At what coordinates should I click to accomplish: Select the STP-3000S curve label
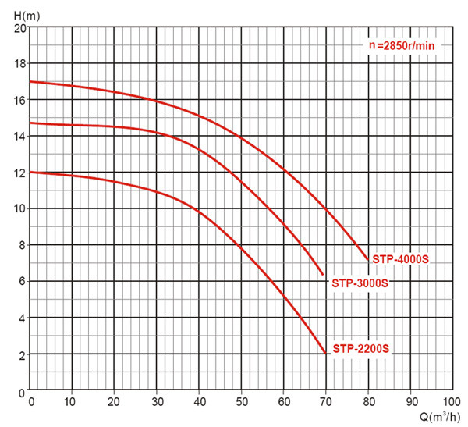coord(360,283)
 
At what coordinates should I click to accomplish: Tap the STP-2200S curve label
coord(360,348)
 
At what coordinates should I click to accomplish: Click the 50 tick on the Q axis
coord(241,401)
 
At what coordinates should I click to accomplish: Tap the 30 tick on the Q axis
coord(157,401)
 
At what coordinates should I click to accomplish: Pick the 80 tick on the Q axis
coord(367,401)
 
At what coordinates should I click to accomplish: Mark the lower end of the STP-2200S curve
coord(325,353)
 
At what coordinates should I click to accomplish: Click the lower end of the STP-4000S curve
coord(367,259)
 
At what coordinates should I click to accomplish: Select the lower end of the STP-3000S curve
coord(323,274)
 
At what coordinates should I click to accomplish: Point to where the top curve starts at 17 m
coord(31,82)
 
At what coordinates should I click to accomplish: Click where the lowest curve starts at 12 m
coord(31,173)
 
